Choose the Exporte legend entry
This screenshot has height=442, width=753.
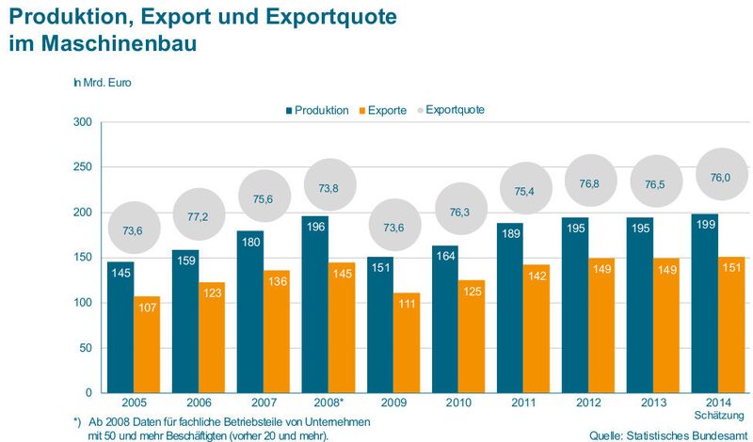point(381,110)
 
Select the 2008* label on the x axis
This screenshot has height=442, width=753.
point(315,403)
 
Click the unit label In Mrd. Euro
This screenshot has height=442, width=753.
point(103,83)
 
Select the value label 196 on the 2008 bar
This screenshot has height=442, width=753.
point(314,225)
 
